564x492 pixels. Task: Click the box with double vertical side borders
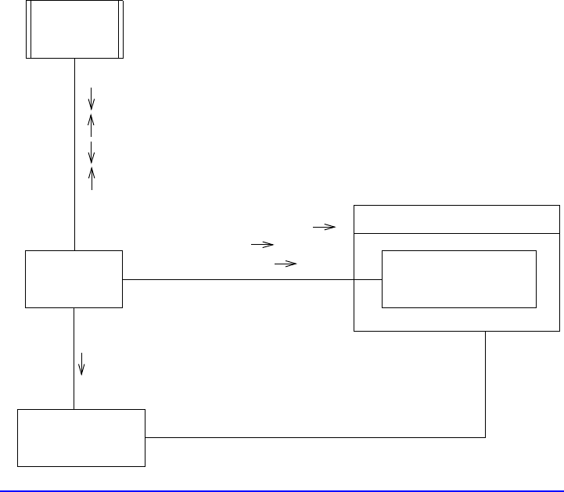pos(74,29)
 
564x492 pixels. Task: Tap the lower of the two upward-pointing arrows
pos(92,178)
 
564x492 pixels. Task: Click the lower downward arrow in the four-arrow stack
pos(92,150)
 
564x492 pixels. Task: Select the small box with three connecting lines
pos(74,279)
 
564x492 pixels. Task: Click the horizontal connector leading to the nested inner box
pos(250,279)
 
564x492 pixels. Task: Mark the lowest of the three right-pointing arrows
pos(286,264)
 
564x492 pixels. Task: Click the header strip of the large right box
pos(457,219)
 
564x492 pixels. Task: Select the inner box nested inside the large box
pos(458,279)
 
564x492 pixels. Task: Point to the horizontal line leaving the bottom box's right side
pos(313,437)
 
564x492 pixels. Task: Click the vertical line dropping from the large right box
pos(486,383)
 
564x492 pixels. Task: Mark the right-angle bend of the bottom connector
pos(486,437)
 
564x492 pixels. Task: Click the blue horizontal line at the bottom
pos(282,490)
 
